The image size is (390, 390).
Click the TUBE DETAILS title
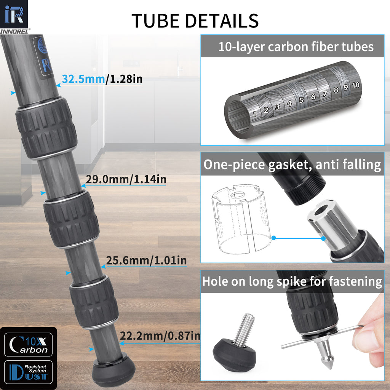pos(195,21)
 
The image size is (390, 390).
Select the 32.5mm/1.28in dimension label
pos(102,79)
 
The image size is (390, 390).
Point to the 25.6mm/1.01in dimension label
pos(146,261)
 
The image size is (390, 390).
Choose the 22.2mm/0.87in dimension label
pos(160,336)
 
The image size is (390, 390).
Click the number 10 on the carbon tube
pos(355,85)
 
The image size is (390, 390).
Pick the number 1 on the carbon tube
pos(255,113)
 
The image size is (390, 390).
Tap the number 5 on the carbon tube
pos(301,100)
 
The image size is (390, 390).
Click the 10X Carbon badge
pos(29,344)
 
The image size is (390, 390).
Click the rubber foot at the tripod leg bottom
pos(113,371)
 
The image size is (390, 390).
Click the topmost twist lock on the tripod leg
pos(46,128)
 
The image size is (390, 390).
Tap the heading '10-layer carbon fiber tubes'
pos(296,47)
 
